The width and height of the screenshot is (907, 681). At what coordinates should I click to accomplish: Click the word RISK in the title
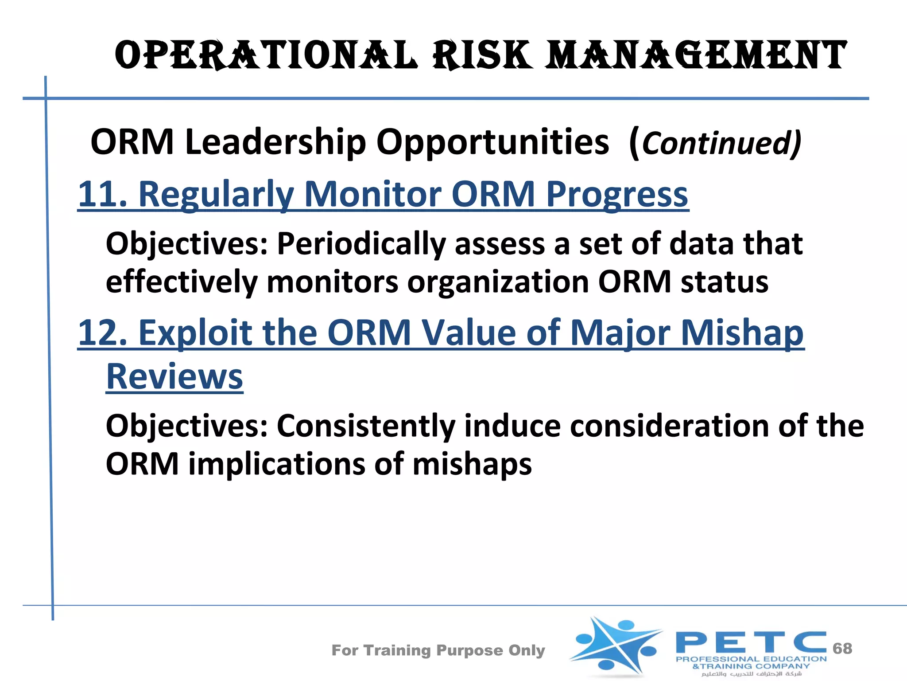pos(482,55)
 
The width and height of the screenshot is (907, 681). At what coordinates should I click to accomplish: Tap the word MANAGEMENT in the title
pos(695,55)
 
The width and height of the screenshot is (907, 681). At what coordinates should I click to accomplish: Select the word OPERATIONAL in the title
pos(266,55)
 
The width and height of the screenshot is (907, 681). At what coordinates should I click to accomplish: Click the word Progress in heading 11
pos(617,194)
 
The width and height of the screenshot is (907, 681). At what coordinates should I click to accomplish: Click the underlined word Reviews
pos(174,376)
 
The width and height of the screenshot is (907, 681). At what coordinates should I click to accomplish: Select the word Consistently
pos(366,426)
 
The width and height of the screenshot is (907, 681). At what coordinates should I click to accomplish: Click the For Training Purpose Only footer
pos(438,650)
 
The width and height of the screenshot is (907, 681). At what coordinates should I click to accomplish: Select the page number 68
pos(842,648)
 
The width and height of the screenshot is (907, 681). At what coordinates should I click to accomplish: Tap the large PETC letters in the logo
pos(751,643)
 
